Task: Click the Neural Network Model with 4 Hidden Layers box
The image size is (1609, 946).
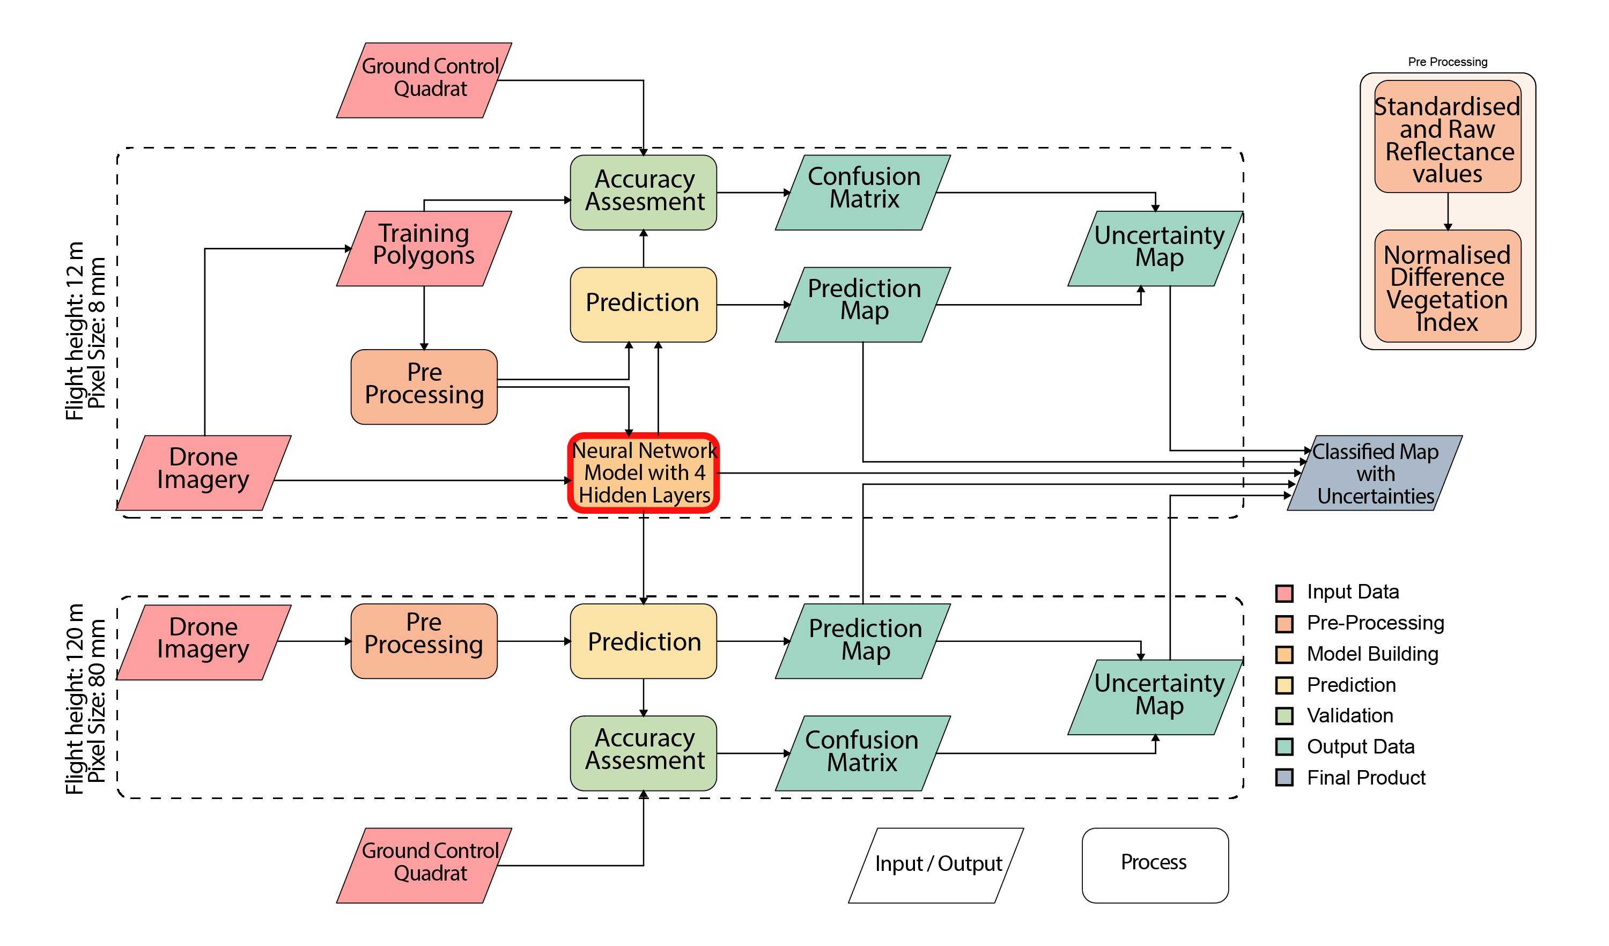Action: pos(644,473)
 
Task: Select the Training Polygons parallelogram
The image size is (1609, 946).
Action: pos(424,248)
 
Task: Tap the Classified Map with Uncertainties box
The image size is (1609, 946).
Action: pos(1375,473)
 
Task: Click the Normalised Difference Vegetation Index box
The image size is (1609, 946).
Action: pos(1448,288)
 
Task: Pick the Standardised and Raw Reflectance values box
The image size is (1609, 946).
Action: pos(1448,138)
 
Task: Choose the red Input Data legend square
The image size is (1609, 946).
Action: pos(1284,593)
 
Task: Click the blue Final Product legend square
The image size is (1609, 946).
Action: pos(1284,778)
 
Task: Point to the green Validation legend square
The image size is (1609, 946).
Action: pos(1284,715)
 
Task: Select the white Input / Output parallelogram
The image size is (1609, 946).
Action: pos(936,865)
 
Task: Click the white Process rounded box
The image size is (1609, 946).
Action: pos(1154,865)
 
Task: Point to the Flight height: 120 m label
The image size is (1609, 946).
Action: pos(75,699)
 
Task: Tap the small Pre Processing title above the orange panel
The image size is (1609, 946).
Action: pos(1448,62)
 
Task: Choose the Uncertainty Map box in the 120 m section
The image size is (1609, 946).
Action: pos(1156,697)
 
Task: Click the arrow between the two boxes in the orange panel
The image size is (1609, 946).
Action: pos(1448,211)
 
